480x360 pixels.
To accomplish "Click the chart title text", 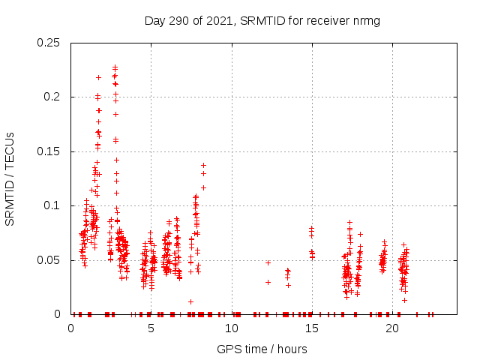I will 262,20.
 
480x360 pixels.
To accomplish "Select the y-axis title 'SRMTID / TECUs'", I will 10,178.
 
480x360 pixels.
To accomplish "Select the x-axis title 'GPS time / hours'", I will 262,349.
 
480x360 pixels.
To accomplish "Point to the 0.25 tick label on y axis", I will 49,43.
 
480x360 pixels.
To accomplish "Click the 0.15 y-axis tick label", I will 49,151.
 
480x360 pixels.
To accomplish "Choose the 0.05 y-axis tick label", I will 49,260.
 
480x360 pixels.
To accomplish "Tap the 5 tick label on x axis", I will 151,328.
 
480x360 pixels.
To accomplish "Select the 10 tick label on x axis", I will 232,328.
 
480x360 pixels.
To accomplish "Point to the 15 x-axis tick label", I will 312,328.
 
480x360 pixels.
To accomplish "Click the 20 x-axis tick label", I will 392,328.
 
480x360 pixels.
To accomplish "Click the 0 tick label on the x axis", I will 71,328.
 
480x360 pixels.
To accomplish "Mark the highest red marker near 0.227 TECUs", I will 115,67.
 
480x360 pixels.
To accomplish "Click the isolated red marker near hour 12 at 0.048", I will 268,262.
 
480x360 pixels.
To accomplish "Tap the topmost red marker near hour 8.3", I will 203,165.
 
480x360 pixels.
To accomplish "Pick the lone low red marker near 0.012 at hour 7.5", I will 191,301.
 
